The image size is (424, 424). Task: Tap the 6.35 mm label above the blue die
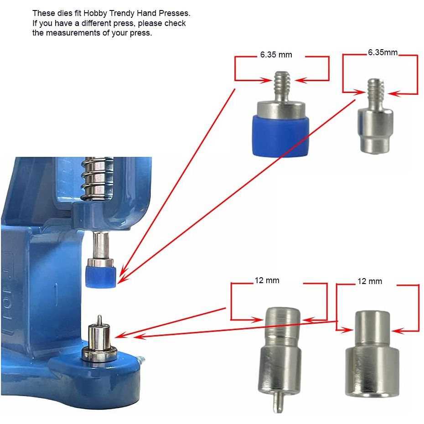click(x=276, y=55)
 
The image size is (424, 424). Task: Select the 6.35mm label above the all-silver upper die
click(x=383, y=52)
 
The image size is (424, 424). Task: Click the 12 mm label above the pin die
click(x=267, y=280)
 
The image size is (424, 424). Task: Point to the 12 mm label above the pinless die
click(x=370, y=282)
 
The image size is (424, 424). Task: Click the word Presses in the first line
click(x=175, y=13)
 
